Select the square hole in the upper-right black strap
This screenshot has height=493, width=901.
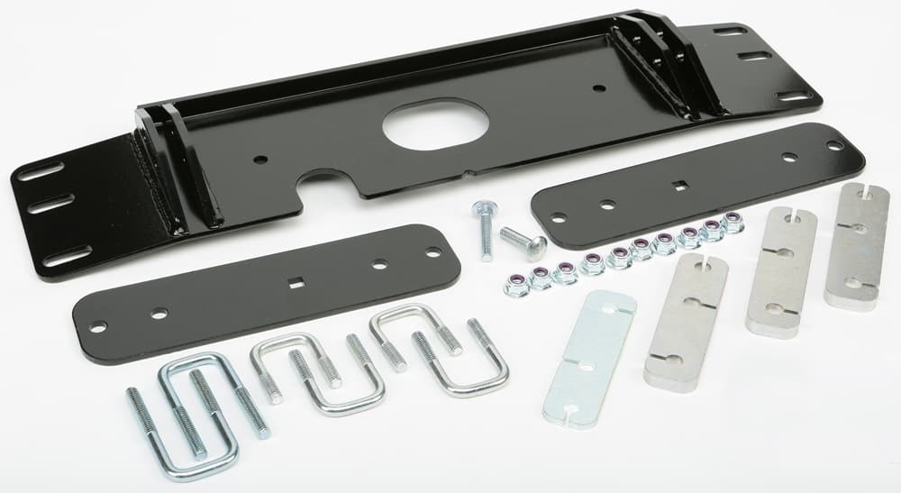[x=681, y=187]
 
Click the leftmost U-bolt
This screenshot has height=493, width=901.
[x=194, y=415]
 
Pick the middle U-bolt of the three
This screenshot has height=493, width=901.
[x=314, y=374]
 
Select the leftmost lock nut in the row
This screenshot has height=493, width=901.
[x=517, y=285]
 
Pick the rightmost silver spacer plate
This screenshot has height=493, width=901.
[x=856, y=245]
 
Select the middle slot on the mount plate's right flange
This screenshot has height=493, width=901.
[x=754, y=57]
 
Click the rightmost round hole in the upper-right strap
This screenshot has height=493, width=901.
[x=834, y=145]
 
